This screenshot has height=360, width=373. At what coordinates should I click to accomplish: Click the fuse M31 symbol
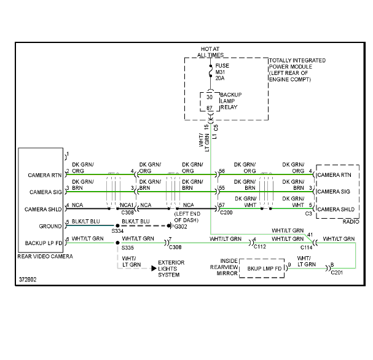point(211,71)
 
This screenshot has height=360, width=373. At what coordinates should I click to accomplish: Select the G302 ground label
point(181,227)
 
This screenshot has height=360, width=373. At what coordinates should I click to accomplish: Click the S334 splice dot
point(117,225)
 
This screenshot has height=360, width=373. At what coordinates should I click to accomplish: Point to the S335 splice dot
point(117,243)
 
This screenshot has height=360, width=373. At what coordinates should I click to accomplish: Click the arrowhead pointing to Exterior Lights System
point(154,268)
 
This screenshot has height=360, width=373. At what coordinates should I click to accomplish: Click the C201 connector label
point(337,273)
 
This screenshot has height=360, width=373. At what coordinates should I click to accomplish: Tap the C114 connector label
point(307,248)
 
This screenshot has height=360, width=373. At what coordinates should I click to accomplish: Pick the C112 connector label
point(260,247)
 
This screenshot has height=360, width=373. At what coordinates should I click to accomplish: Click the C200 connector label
point(226,213)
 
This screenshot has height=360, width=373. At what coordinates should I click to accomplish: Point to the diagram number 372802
point(28,280)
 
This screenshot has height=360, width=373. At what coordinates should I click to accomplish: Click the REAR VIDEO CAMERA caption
point(45,257)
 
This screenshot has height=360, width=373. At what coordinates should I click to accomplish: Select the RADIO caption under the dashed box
point(351,222)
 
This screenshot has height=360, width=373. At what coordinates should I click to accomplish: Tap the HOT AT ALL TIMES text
point(210,52)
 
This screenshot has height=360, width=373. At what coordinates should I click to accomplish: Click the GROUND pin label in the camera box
point(50,226)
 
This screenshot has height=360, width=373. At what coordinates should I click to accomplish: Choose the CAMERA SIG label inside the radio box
point(334,192)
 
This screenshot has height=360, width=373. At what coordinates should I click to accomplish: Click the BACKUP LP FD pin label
point(44,243)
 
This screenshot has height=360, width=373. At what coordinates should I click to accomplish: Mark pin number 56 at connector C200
point(222,171)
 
